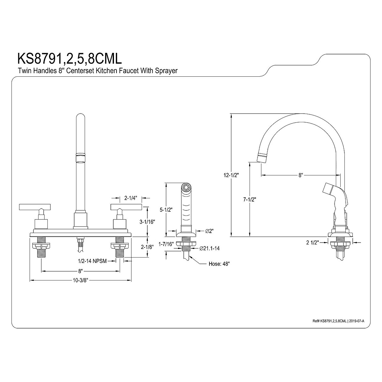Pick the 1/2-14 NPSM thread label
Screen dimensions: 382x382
(x=92, y=260)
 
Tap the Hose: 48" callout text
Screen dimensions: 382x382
(x=219, y=264)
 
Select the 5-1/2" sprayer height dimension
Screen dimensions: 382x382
(x=166, y=209)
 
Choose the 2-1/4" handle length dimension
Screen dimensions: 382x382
(x=131, y=198)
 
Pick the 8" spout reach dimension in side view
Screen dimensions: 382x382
(x=300, y=175)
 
